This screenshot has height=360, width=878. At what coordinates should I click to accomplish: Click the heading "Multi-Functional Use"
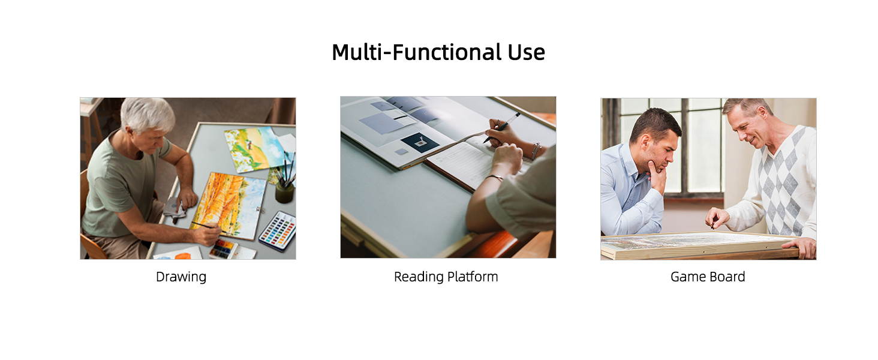click(438, 53)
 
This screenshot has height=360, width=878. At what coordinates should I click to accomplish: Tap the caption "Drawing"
click(181, 277)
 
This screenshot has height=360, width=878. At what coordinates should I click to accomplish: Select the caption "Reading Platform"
click(446, 277)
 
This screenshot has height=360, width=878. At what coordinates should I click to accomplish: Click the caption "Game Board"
click(708, 277)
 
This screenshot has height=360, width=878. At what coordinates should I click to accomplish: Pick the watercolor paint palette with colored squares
click(278, 230)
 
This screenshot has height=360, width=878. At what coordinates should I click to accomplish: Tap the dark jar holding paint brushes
click(284, 193)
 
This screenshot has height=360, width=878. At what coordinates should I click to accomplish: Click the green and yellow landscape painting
click(255, 149)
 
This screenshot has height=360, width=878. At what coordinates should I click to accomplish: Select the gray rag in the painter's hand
click(175, 209)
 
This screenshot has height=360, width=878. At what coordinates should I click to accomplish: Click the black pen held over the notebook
click(502, 127)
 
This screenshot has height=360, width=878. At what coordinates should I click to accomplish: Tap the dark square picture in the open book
click(419, 142)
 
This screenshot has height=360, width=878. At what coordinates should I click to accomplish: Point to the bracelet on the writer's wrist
click(536, 151)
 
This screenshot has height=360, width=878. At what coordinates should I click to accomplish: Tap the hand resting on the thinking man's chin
click(657, 176)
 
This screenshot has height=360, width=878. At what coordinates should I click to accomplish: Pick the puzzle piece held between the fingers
click(712, 225)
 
